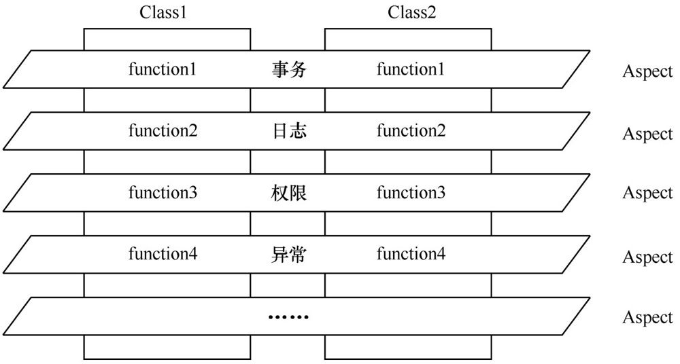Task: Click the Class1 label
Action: coord(163,12)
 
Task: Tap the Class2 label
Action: coord(411,12)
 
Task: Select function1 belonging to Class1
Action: coord(163,69)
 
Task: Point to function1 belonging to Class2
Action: coord(411,69)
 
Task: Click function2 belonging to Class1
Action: coord(163,130)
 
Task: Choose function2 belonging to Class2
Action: coord(411,130)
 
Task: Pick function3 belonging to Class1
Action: coord(163,192)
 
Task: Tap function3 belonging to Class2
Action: coord(411,192)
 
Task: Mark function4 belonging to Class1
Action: coord(163,254)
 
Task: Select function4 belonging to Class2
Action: coord(411,254)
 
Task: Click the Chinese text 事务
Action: coord(289,70)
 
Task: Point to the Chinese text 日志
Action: coord(289,131)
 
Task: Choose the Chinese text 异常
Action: coord(289,255)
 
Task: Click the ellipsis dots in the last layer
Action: coord(288,317)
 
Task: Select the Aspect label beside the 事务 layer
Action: coord(648,72)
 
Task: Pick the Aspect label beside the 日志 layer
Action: coord(648,134)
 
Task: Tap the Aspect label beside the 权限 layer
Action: coord(648,194)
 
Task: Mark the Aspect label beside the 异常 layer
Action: coord(648,257)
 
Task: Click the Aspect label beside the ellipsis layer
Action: coord(648,318)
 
